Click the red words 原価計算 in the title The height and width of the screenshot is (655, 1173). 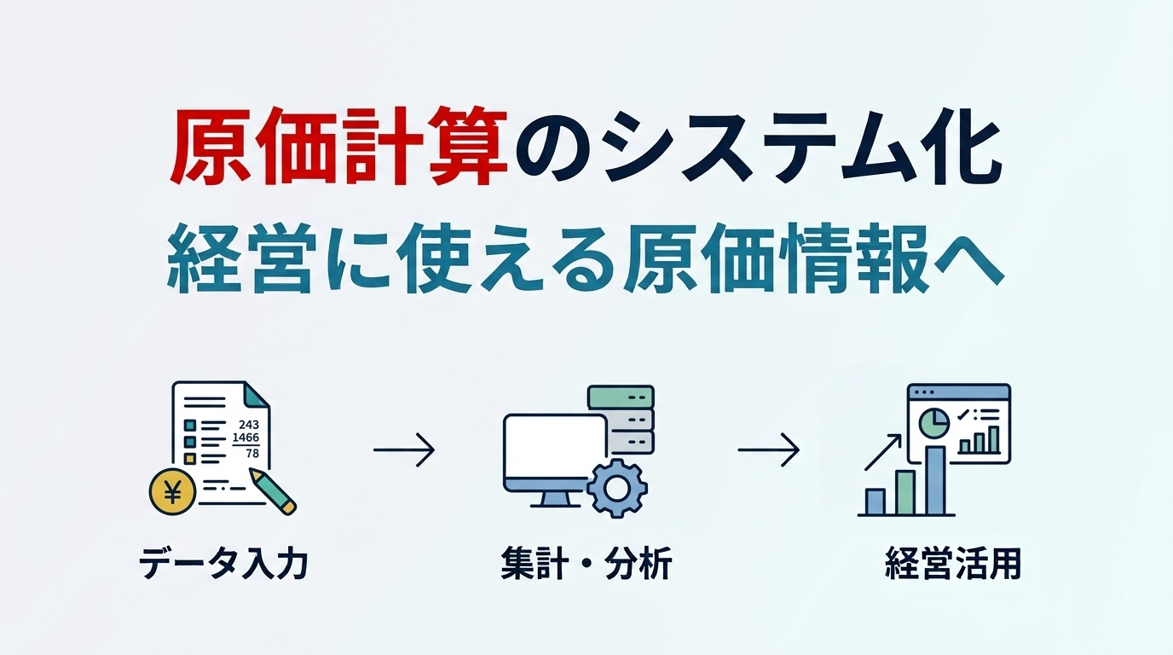click(x=338, y=147)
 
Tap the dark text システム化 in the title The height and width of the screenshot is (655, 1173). click(x=801, y=147)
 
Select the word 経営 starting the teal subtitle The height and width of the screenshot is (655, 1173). click(x=242, y=258)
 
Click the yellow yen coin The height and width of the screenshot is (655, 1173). click(x=172, y=492)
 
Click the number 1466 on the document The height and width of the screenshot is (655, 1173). click(x=246, y=437)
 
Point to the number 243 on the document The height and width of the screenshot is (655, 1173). click(x=249, y=425)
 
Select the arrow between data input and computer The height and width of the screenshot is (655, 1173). click(x=404, y=449)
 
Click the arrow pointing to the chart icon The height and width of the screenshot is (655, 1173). click(x=768, y=449)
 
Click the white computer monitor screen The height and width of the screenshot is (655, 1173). click(x=554, y=446)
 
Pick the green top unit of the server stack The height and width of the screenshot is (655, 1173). click(x=621, y=397)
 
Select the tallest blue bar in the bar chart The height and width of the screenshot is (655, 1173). click(x=935, y=480)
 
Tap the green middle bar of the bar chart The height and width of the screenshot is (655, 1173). click(x=905, y=493)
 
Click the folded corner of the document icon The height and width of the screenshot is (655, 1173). click(x=256, y=395)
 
